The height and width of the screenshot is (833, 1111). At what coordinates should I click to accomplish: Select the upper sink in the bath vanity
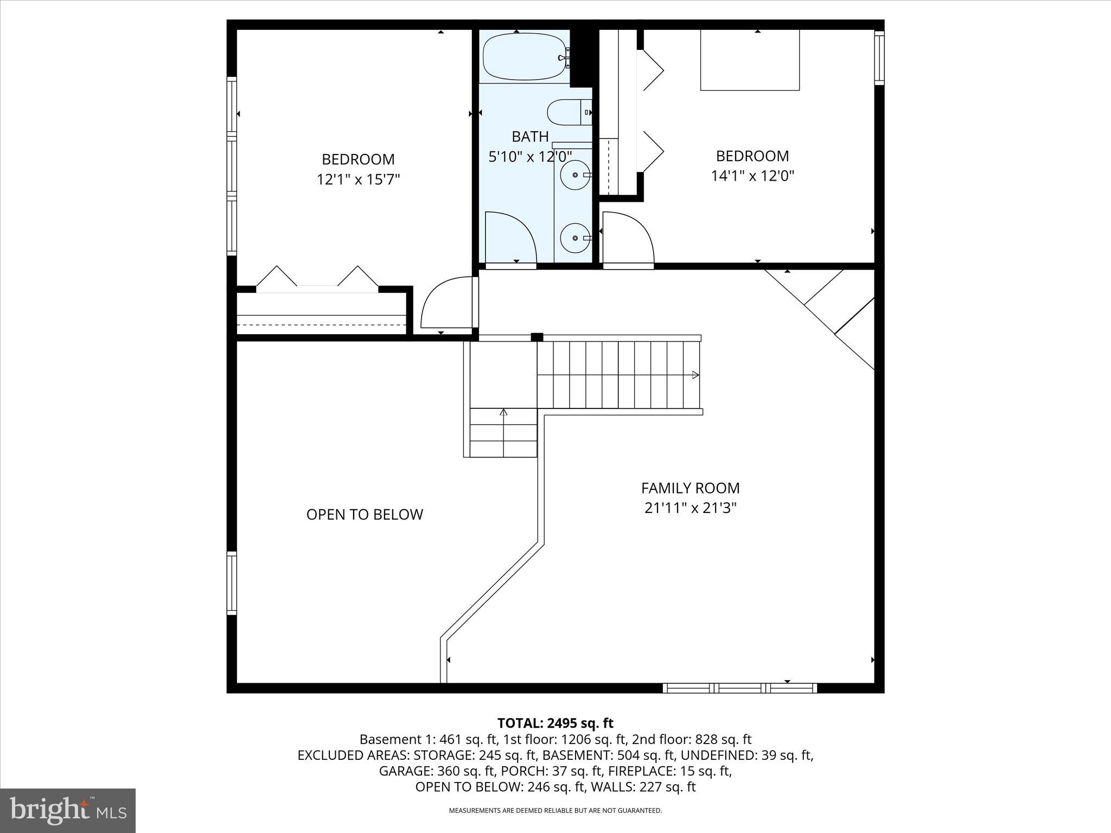pyautogui.click(x=574, y=175)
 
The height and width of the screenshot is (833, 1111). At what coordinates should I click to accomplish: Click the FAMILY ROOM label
pyautogui.click(x=690, y=488)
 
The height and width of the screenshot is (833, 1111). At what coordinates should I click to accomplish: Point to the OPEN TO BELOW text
pyautogui.click(x=365, y=515)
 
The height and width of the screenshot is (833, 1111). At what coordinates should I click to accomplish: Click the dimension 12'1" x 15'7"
pyautogui.click(x=358, y=180)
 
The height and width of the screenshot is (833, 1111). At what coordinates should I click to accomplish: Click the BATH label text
pyautogui.click(x=530, y=136)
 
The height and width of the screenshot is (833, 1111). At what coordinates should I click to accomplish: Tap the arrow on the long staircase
pyautogui.click(x=695, y=375)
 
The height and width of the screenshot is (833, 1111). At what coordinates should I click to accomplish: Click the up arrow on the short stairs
pyautogui.click(x=503, y=413)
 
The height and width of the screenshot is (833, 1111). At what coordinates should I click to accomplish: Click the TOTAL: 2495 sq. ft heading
pyautogui.click(x=555, y=723)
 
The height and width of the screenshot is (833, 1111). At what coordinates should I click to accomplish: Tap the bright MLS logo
pyautogui.click(x=68, y=810)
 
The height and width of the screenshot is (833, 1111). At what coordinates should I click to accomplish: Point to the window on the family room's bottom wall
pyautogui.click(x=739, y=688)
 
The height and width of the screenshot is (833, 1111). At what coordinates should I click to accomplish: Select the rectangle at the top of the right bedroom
pyautogui.click(x=750, y=60)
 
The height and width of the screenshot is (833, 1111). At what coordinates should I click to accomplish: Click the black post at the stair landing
pyautogui.click(x=537, y=337)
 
